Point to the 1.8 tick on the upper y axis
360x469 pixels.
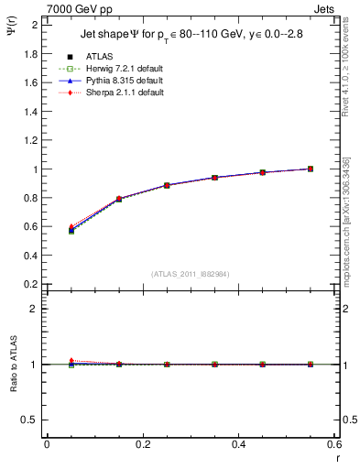coord(30,54)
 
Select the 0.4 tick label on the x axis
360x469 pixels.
coord(238,444)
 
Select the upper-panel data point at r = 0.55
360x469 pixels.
coord(311,169)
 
